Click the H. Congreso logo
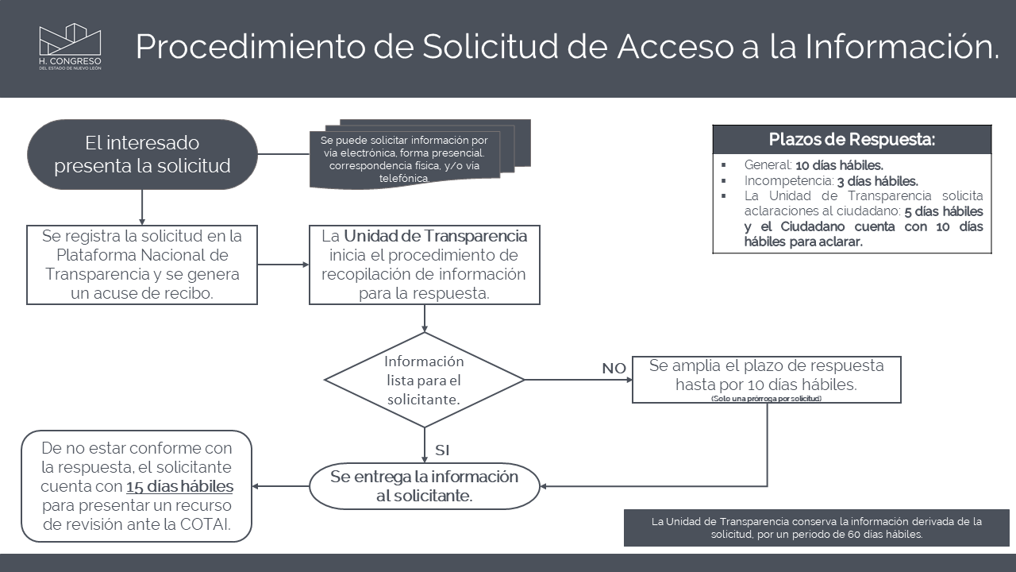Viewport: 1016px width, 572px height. [x=71, y=46]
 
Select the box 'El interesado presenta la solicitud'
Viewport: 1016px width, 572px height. [x=142, y=155]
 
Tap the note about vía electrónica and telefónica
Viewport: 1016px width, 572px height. [x=405, y=159]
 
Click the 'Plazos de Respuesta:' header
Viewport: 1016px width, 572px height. [x=852, y=140]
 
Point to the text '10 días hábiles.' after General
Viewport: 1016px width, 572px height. [x=839, y=166]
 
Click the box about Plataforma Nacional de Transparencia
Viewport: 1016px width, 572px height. [x=142, y=265]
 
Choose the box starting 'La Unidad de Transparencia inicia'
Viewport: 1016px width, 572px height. [x=425, y=265]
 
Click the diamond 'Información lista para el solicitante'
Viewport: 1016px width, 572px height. [x=425, y=380]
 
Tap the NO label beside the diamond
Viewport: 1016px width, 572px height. [x=614, y=369]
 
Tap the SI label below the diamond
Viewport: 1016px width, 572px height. [x=442, y=450]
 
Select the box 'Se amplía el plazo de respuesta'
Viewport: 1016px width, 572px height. [x=766, y=376]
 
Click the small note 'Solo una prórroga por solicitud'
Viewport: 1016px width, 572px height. [x=766, y=398]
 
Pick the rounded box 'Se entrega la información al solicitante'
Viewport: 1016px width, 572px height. [x=425, y=486]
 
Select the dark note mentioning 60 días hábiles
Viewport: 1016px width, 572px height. [x=816, y=528]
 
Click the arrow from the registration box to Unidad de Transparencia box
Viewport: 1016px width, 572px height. [x=283, y=265]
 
